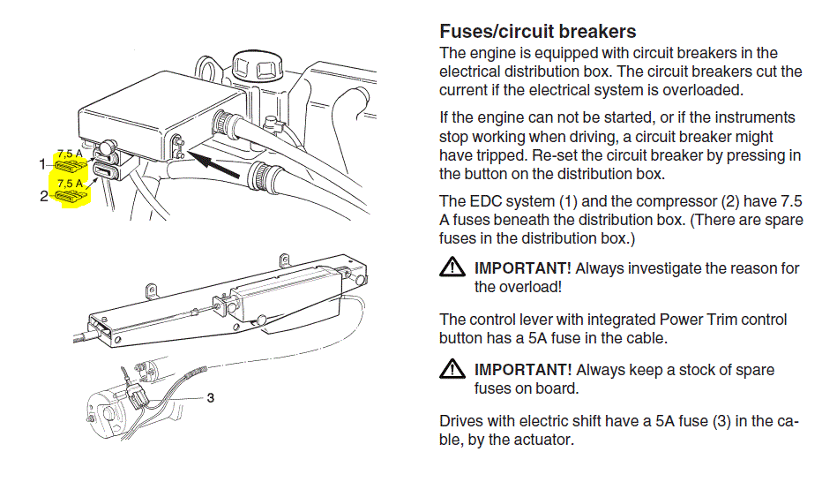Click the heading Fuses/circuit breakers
pyautogui.click(x=537, y=33)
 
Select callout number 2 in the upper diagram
pyautogui.click(x=43, y=196)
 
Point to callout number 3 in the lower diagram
pyautogui.click(x=210, y=398)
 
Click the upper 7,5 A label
pyautogui.click(x=70, y=153)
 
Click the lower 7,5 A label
pyautogui.click(x=70, y=184)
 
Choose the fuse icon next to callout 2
pyautogui.click(x=70, y=197)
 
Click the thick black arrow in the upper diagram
pyautogui.click(x=215, y=162)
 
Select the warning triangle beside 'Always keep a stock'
pyautogui.click(x=452, y=369)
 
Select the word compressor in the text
pyautogui.click(x=675, y=201)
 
